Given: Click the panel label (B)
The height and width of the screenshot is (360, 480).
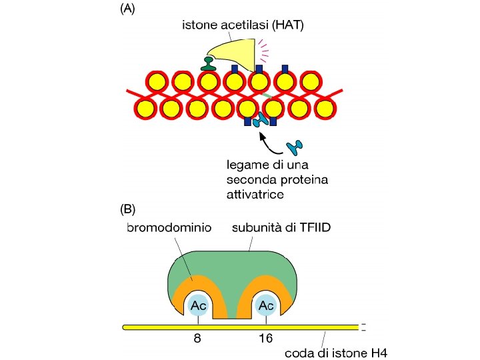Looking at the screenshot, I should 128,209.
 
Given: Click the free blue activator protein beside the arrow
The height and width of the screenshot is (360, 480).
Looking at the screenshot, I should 294,146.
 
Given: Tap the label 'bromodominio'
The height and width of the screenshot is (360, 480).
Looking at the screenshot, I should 168,227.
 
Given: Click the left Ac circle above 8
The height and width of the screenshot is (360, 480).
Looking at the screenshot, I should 197,305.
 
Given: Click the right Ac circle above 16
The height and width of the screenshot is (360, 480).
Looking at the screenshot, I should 266,305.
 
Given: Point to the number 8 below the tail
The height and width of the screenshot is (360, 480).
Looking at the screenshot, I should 197,338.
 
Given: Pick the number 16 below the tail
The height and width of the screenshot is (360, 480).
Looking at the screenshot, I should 265,338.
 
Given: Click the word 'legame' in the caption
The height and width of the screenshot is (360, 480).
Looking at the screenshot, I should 245,164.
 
